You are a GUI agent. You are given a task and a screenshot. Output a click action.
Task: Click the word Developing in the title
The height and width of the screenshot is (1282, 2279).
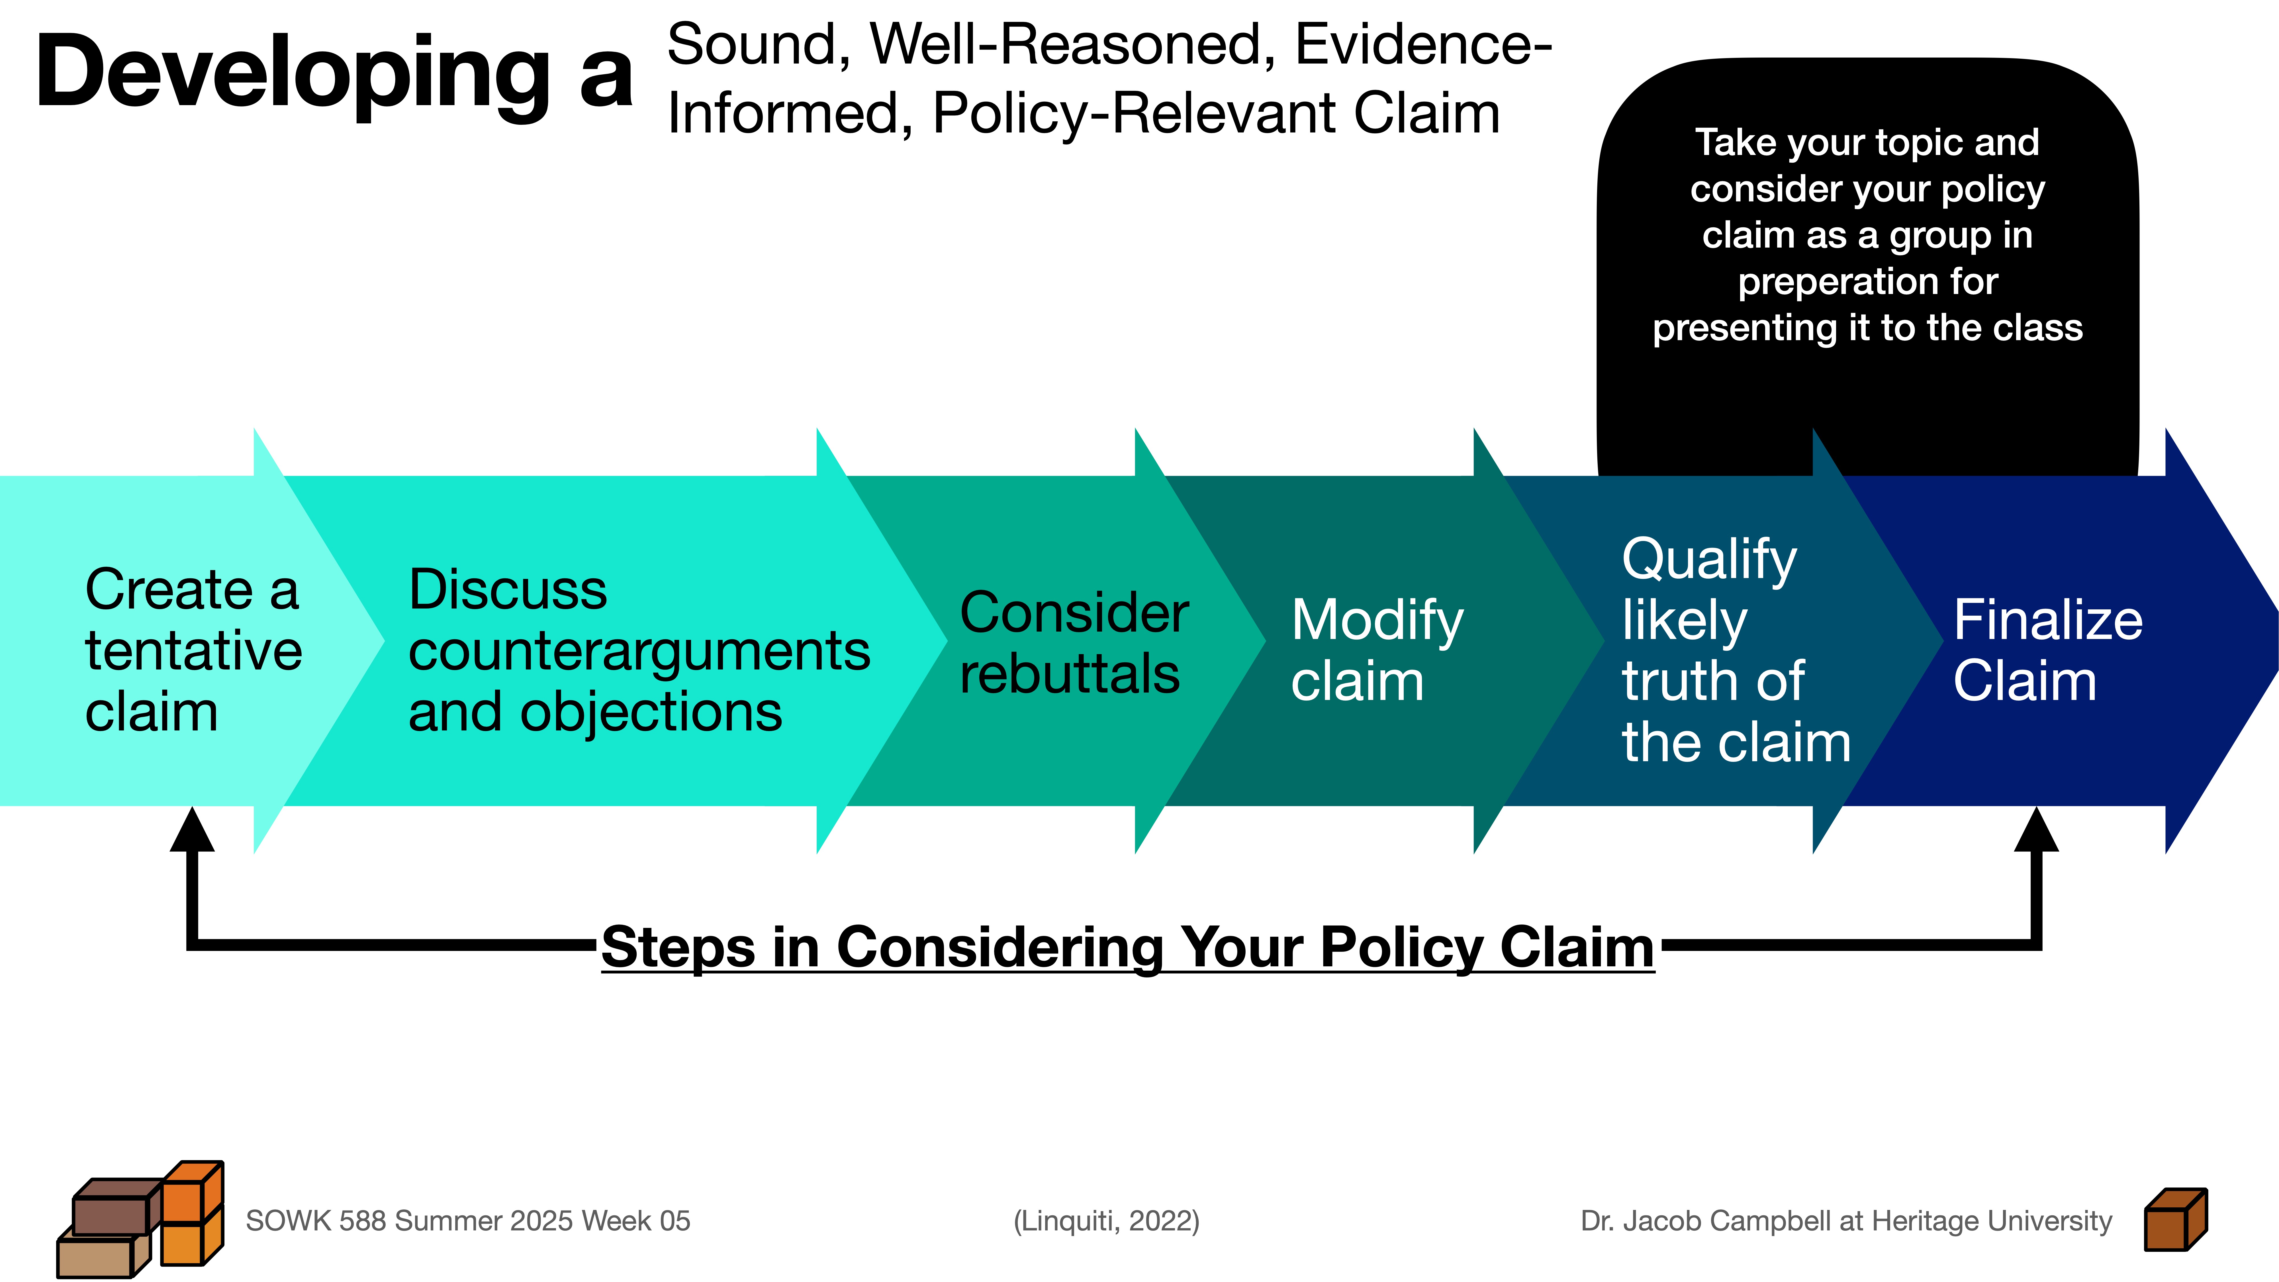tap(292, 75)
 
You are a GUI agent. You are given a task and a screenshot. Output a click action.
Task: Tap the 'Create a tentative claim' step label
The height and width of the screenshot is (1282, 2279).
tap(193, 650)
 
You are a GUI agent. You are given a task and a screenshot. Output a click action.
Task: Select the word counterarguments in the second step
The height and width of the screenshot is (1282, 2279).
tap(639, 651)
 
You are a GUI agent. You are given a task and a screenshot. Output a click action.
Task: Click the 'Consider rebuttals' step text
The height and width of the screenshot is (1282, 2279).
tap(1073, 643)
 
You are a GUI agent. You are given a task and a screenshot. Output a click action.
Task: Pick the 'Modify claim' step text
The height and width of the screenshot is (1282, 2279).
tap(1377, 650)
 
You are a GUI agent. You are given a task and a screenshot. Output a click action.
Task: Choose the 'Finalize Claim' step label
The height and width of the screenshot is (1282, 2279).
tap(2047, 650)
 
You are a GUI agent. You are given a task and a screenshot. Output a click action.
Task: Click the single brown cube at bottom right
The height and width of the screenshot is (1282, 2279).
tap(2174, 1221)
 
